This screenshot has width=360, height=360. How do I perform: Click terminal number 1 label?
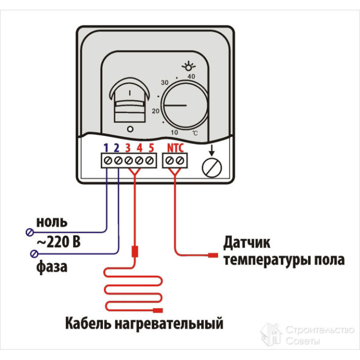(106, 148)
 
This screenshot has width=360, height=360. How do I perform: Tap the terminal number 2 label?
(117, 148)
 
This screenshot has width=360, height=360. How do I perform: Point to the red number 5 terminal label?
(151, 148)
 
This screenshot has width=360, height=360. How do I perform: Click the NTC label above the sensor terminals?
(175, 148)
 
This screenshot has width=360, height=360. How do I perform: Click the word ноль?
(51, 223)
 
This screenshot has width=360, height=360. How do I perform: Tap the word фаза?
(51, 267)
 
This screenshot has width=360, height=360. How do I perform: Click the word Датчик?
(247, 242)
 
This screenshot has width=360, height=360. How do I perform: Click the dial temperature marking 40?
(192, 77)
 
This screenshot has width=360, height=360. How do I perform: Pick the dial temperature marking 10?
(174, 132)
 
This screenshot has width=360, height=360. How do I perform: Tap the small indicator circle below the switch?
(130, 129)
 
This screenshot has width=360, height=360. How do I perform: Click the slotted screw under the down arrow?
(210, 167)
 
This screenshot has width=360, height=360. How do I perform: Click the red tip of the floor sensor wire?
(213, 255)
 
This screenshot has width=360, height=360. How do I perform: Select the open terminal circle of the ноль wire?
(29, 232)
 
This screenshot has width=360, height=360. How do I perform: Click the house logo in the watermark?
(271, 334)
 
